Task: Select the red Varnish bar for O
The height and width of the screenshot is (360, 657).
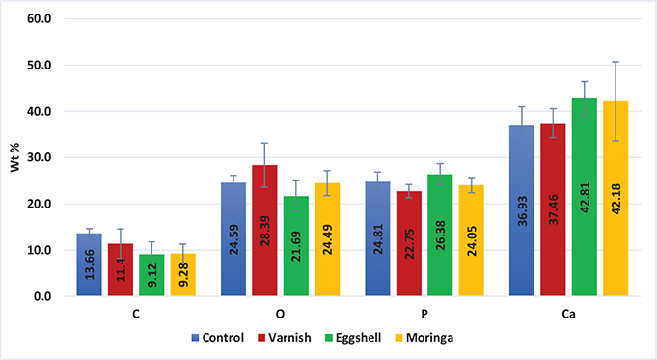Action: [265, 232]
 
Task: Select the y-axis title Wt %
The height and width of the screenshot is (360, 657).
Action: [14, 157]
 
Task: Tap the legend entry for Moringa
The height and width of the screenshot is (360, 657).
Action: [449, 339]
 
